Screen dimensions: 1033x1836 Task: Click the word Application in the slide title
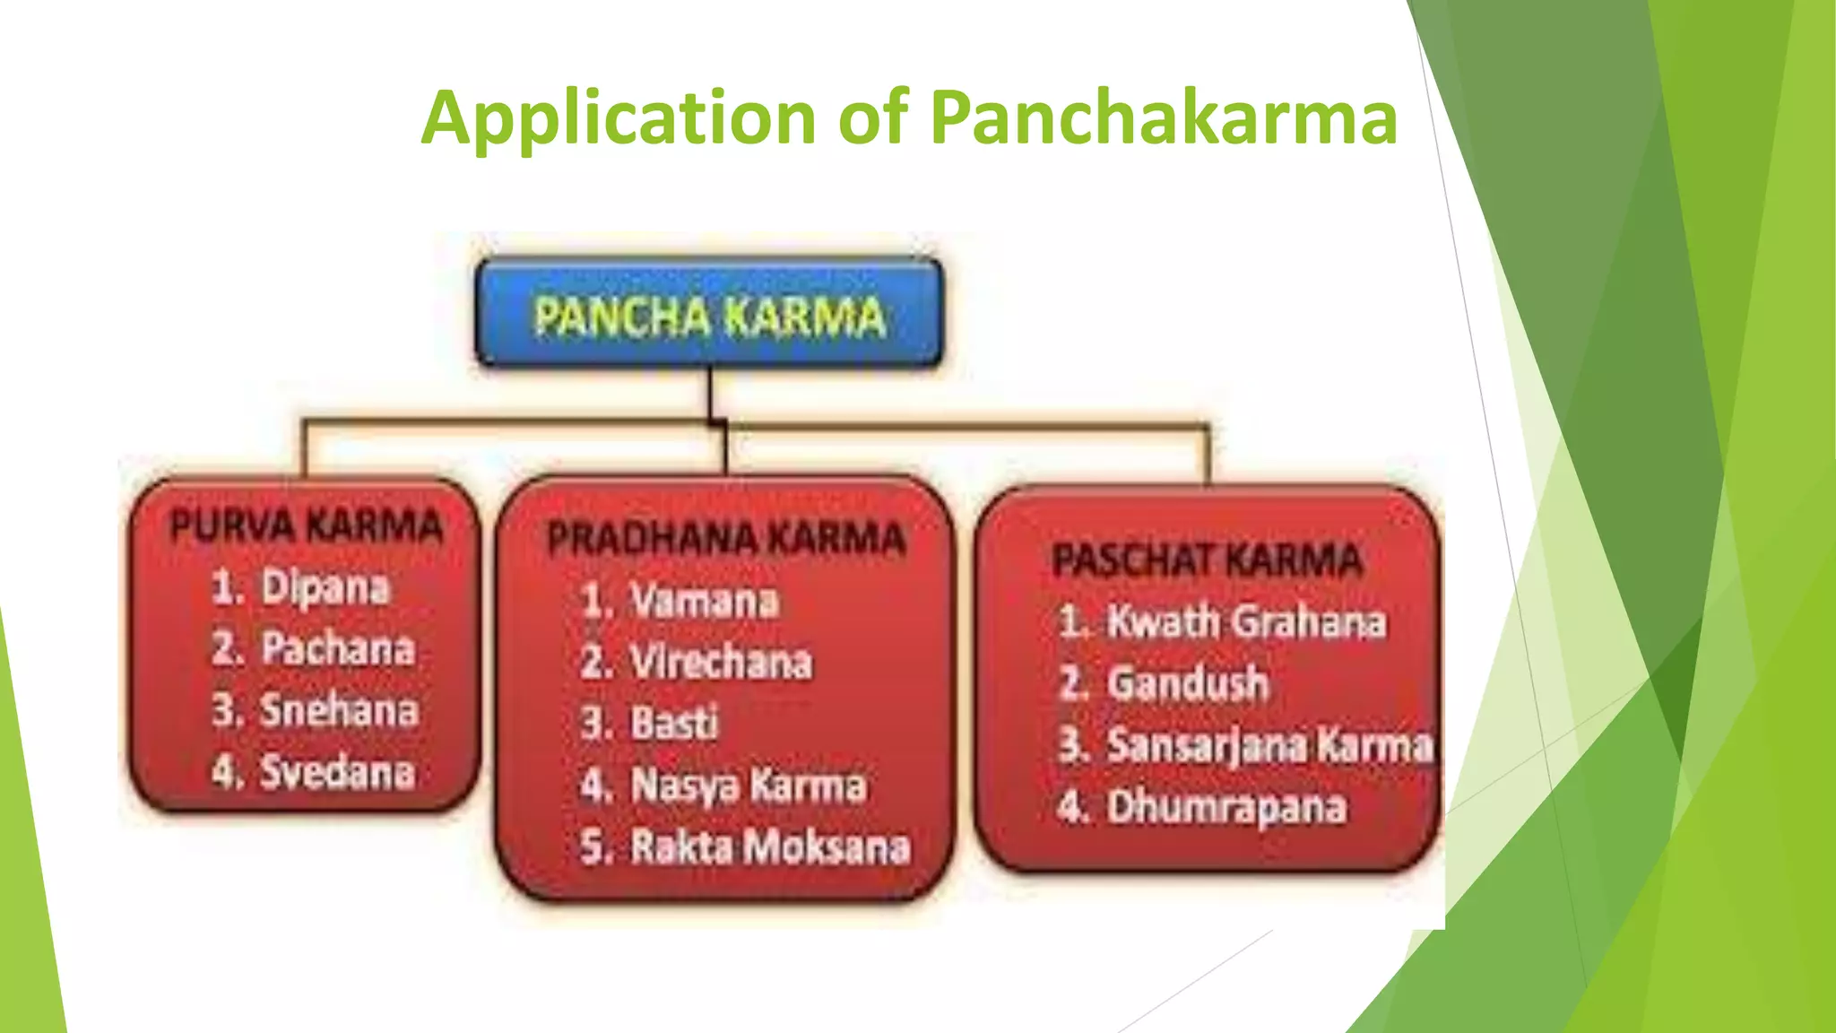pyautogui.click(x=618, y=118)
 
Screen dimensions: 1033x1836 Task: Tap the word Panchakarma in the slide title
pyautogui.click(x=1163, y=118)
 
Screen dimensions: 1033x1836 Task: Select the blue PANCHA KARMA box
pyautogui.click(x=709, y=314)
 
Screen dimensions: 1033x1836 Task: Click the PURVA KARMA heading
pyautogui.click(x=306, y=525)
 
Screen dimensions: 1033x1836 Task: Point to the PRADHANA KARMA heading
pyautogui.click(x=726, y=539)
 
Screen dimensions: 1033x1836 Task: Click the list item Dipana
pyautogui.click(x=325, y=588)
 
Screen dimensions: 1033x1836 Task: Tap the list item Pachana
pyautogui.click(x=337, y=649)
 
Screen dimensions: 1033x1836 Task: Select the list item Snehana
pyautogui.click(x=339, y=710)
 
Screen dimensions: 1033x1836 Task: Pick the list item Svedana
pyautogui.click(x=337, y=772)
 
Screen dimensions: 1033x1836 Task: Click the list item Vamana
pyautogui.click(x=704, y=601)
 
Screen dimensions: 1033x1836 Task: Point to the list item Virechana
pyautogui.click(x=721, y=663)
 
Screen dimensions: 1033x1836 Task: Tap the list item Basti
pyautogui.click(x=674, y=724)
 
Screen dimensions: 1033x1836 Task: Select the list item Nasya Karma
pyautogui.click(x=748, y=786)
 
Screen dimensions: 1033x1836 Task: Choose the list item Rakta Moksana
pyautogui.click(x=769, y=847)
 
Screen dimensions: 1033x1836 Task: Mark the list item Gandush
pyautogui.click(x=1188, y=683)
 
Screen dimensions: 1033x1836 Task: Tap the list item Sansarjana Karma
pyautogui.click(x=1269, y=745)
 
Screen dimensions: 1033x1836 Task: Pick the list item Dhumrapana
pyautogui.click(x=1226, y=807)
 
